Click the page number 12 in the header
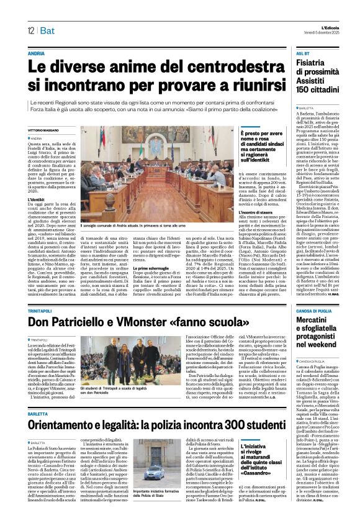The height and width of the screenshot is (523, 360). (30, 30)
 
